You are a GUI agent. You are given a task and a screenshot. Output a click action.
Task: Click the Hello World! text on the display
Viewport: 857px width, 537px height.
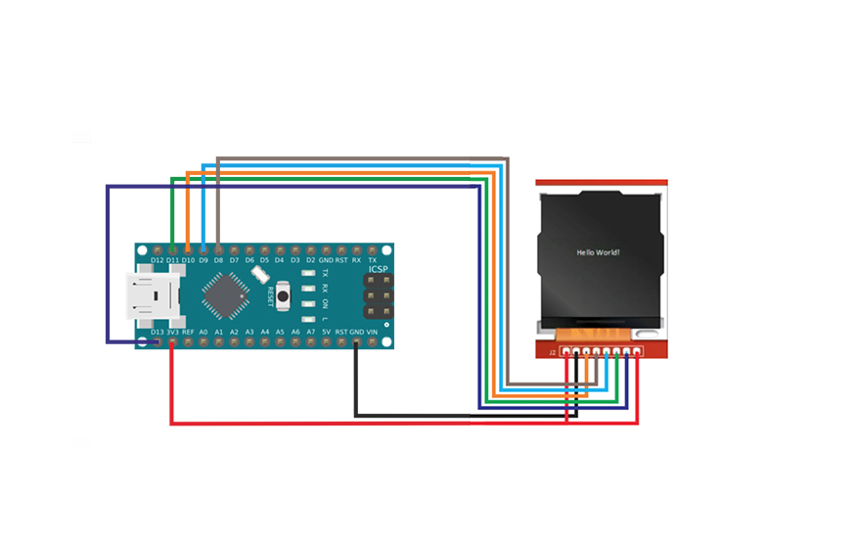point(598,252)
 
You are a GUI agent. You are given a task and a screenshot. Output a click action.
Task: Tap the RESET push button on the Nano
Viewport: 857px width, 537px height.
point(284,292)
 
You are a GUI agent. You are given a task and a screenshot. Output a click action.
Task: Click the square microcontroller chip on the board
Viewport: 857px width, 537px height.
point(225,294)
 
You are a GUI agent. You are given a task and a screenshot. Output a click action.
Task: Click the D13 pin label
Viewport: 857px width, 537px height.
point(157,333)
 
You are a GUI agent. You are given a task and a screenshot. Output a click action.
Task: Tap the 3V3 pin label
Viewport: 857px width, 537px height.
point(172,333)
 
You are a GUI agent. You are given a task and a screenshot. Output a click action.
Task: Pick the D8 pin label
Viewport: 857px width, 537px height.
point(218,260)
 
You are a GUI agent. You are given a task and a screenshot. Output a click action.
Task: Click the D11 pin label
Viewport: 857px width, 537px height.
point(172,260)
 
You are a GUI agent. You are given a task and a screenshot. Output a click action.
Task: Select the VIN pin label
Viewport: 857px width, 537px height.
point(372,333)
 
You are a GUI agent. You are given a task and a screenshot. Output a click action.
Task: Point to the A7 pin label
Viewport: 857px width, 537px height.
point(310,333)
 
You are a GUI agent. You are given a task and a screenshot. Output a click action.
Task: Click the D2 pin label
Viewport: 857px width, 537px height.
point(310,260)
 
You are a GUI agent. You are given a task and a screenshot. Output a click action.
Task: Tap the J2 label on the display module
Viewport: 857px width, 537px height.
point(552,351)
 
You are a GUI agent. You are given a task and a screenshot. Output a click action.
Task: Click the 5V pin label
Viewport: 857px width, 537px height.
point(326,333)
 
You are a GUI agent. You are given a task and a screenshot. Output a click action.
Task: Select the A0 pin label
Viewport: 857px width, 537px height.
point(203,333)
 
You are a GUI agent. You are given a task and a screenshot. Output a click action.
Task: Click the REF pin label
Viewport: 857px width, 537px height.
point(188,333)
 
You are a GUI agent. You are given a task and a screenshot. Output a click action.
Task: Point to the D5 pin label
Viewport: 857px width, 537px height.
point(264,260)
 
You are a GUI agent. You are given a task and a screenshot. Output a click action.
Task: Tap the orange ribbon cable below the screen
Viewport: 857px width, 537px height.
point(601,332)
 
